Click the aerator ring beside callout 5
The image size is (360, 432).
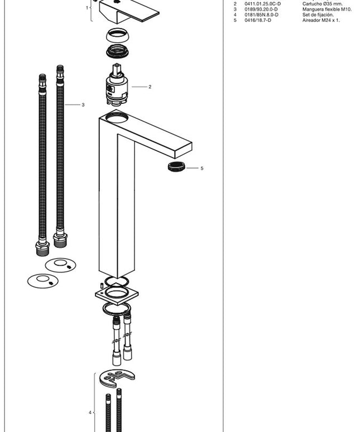[x=176, y=166]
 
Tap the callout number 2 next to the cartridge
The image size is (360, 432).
[x=150, y=87]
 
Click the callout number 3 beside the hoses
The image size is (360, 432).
[x=83, y=105]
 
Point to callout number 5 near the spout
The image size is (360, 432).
[x=202, y=168]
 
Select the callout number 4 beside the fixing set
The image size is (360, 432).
[x=90, y=412]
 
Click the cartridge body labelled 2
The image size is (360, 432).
[x=117, y=85]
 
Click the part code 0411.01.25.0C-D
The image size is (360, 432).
[x=262, y=4]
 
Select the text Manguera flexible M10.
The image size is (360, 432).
[x=327, y=9]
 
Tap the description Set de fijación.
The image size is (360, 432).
[x=318, y=15]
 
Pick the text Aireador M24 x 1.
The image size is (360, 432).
[x=321, y=20]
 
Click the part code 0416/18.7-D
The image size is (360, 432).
[x=258, y=20]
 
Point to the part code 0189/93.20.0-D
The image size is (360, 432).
[x=261, y=9]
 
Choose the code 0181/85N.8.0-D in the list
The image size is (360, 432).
[x=261, y=15]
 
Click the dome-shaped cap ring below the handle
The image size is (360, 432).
[x=118, y=36]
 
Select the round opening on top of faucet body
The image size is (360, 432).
[x=117, y=118]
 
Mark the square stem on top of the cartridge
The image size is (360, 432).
[x=117, y=70]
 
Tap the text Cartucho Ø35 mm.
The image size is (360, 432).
[x=323, y=4]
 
